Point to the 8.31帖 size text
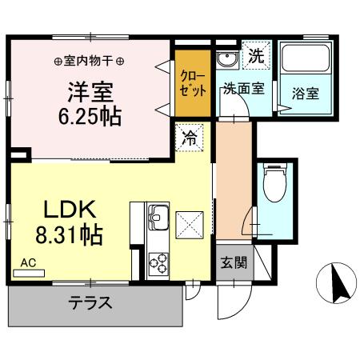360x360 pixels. click(x=70, y=238)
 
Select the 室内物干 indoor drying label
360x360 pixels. click(x=90, y=61)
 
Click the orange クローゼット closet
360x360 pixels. click(x=193, y=83)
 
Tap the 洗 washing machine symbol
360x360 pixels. click(x=256, y=58)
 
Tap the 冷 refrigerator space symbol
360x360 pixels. click(x=190, y=137)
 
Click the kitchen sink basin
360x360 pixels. click(x=157, y=216)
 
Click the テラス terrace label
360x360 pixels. click(x=90, y=303)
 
